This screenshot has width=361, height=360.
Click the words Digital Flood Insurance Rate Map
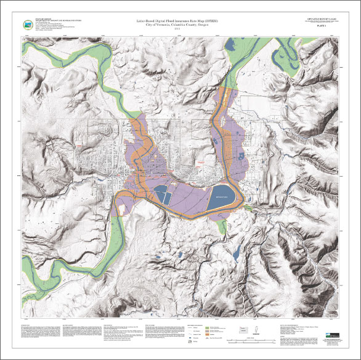coord(180,22)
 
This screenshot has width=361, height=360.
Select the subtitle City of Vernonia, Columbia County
coord(180,25)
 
